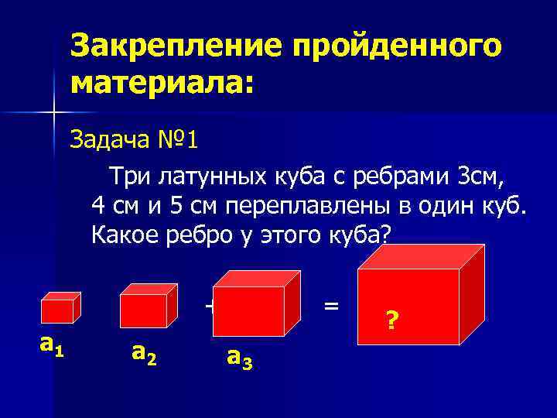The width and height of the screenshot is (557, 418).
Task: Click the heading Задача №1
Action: (135, 140)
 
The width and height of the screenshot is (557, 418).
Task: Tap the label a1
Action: (51, 344)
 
